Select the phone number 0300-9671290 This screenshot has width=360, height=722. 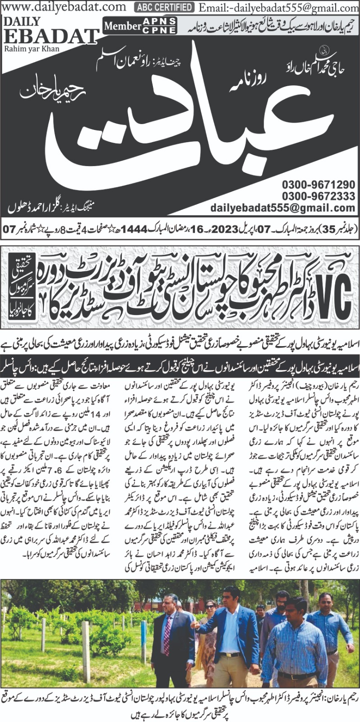(318, 185)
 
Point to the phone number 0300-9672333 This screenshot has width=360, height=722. (318, 196)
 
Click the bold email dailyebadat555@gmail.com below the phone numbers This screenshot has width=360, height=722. (283, 208)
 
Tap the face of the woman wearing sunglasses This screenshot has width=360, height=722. (211, 607)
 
